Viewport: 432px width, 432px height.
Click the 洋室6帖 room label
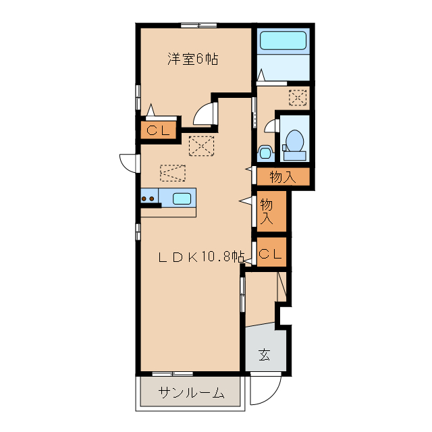pyautogui.click(x=193, y=59)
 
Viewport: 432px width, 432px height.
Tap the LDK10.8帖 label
pyautogui.click(x=201, y=257)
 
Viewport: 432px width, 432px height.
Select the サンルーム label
pyautogui.click(x=191, y=392)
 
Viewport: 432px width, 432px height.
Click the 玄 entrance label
pyautogui.click(x=264, y=354)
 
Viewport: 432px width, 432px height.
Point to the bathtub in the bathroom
pyautogui.click(x=283, y=40)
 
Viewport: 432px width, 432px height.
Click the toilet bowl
pyautogui.click(x=294, y=141)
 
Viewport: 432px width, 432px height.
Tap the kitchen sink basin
pyautogui.click(x=182, y=198)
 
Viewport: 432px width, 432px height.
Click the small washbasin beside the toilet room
pyautogui.click(x=265, y=153)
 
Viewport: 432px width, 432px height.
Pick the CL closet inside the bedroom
pyautogui.click(x=158, y=130)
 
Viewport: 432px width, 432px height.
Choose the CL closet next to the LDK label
pyautogui.click(x=271, y=253)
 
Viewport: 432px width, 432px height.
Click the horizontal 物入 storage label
pyautogui.click(x=283, y=177)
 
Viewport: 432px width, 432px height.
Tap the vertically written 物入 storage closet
pyautogui.click(x=267, y=211)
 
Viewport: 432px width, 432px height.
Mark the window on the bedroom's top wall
pyautogui.click(x=198, y=26)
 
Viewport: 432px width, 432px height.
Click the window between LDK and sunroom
pyautogui.click(x=173, y=374)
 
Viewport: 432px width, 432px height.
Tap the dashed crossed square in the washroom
pyautogui.click(x=297, y=97)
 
